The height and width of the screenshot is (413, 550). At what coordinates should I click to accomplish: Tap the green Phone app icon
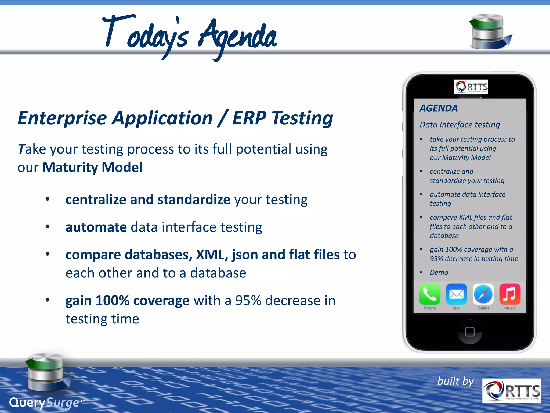[429, 294]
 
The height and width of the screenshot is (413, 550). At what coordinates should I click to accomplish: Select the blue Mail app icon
[456, 294]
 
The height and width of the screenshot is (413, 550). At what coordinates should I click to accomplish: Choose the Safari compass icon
[483, 294]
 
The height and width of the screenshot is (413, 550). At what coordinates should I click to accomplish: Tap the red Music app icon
[510, 294]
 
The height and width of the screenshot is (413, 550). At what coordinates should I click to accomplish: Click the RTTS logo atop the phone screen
[471, 87]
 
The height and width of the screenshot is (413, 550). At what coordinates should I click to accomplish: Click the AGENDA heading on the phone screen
[439, 108]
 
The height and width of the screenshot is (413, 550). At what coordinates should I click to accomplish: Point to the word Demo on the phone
[439, 272]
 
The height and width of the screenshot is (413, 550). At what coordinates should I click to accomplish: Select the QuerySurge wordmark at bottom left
[44, 403]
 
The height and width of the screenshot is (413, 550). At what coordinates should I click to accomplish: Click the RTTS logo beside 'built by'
[511, 391]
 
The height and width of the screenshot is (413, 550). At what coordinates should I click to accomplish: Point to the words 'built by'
[455, 381]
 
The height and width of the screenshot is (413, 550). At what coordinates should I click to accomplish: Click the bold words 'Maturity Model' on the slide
[92, 167]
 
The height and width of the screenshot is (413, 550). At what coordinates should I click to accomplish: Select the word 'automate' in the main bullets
[96, 227]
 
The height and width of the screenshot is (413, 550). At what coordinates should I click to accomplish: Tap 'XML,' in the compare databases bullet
[212, 254]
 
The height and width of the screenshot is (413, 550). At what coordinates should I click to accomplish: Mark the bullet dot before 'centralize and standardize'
[48, 199]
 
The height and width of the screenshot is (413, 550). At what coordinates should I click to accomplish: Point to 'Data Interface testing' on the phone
[459, 125]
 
